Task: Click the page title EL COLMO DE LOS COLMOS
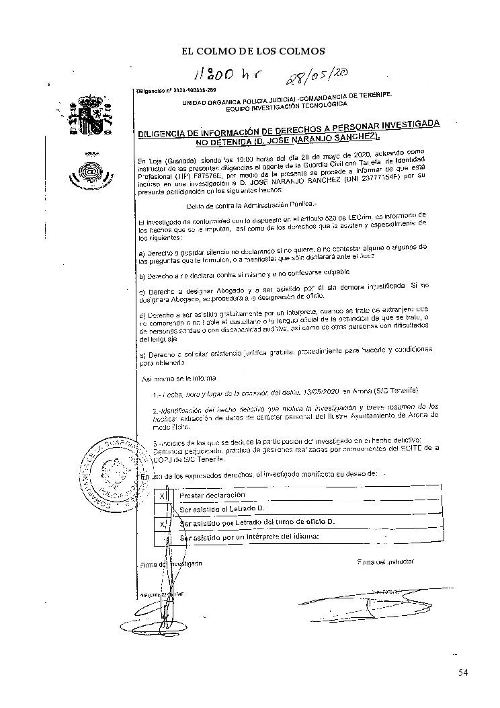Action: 253,50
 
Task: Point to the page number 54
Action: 463,672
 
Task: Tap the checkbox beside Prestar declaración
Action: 162,496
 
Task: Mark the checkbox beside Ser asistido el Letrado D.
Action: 162,509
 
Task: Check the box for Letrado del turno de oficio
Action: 162,523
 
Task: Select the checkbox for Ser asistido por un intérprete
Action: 162,537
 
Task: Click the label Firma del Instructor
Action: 386,561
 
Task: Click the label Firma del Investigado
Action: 170,564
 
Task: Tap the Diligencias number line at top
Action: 175,89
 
